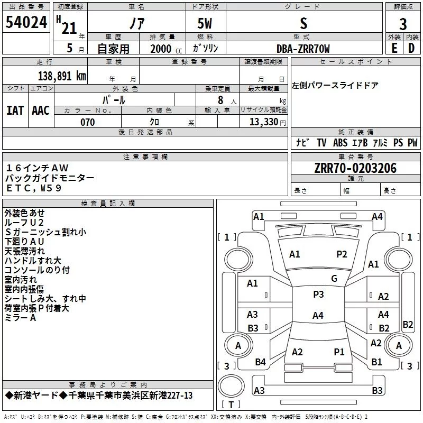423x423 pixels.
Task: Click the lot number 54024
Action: [x=26, y=22]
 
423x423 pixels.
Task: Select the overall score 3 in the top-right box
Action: [x=403, y=23]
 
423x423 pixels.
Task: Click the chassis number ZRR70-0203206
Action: [x=355, y=169]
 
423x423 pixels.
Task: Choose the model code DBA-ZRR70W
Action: [x=303, y=49]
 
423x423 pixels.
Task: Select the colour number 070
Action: [x=87, y=122]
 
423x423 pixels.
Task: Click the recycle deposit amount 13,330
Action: [x=262, y=122]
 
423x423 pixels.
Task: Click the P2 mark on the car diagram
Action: [x=342, y=254]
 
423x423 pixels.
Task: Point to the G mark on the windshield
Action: [x=334, y=279]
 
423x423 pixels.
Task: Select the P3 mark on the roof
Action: [x=318, y=295]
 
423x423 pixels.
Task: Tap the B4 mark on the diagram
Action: [x=260, y=362]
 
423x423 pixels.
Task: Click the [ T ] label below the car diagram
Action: [x=231, y=404]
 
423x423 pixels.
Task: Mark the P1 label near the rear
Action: [x=339, y=352]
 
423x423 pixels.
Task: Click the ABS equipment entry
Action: [x=341, y=143]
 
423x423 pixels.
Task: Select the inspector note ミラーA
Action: [x=21, y=318]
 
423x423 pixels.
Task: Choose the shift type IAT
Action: [x=15, y=111]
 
